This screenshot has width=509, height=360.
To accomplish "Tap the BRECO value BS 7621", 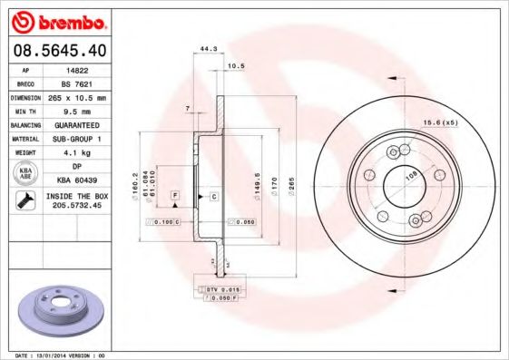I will point(76,82).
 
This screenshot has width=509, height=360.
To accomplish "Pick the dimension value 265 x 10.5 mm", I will point(76,96).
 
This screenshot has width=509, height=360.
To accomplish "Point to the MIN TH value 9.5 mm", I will point(76,110).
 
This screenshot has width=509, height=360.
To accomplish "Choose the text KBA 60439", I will point(76,180).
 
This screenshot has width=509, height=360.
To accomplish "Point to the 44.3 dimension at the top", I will point(207,48).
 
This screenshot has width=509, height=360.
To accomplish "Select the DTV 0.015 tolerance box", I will point(220,287).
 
